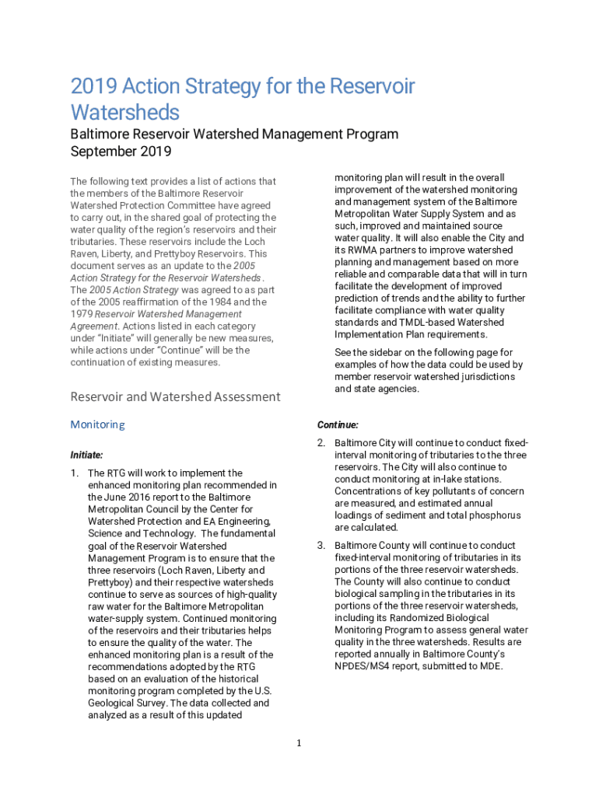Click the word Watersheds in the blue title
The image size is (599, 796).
pyautogui.click(x=124, y=112)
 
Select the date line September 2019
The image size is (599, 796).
pyautogui.click(x=121, y=151)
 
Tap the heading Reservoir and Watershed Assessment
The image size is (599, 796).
pyautogui.click(x=175, y=396)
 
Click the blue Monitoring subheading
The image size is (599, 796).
pyautogui.click(x=97, y=424)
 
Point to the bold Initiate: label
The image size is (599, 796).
pyautogui.click(x=86, y=455)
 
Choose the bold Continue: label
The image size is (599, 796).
pyautogui.click(x=338, y=425)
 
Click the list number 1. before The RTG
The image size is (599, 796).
pyautogui.click(x=75, y=473)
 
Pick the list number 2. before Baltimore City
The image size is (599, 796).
pyautogui.click(x=321, y=443)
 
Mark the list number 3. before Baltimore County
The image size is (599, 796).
pyautogui.click(x=321, y=546)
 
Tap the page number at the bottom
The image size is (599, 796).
pyautogui.click(x=298, y=744)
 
